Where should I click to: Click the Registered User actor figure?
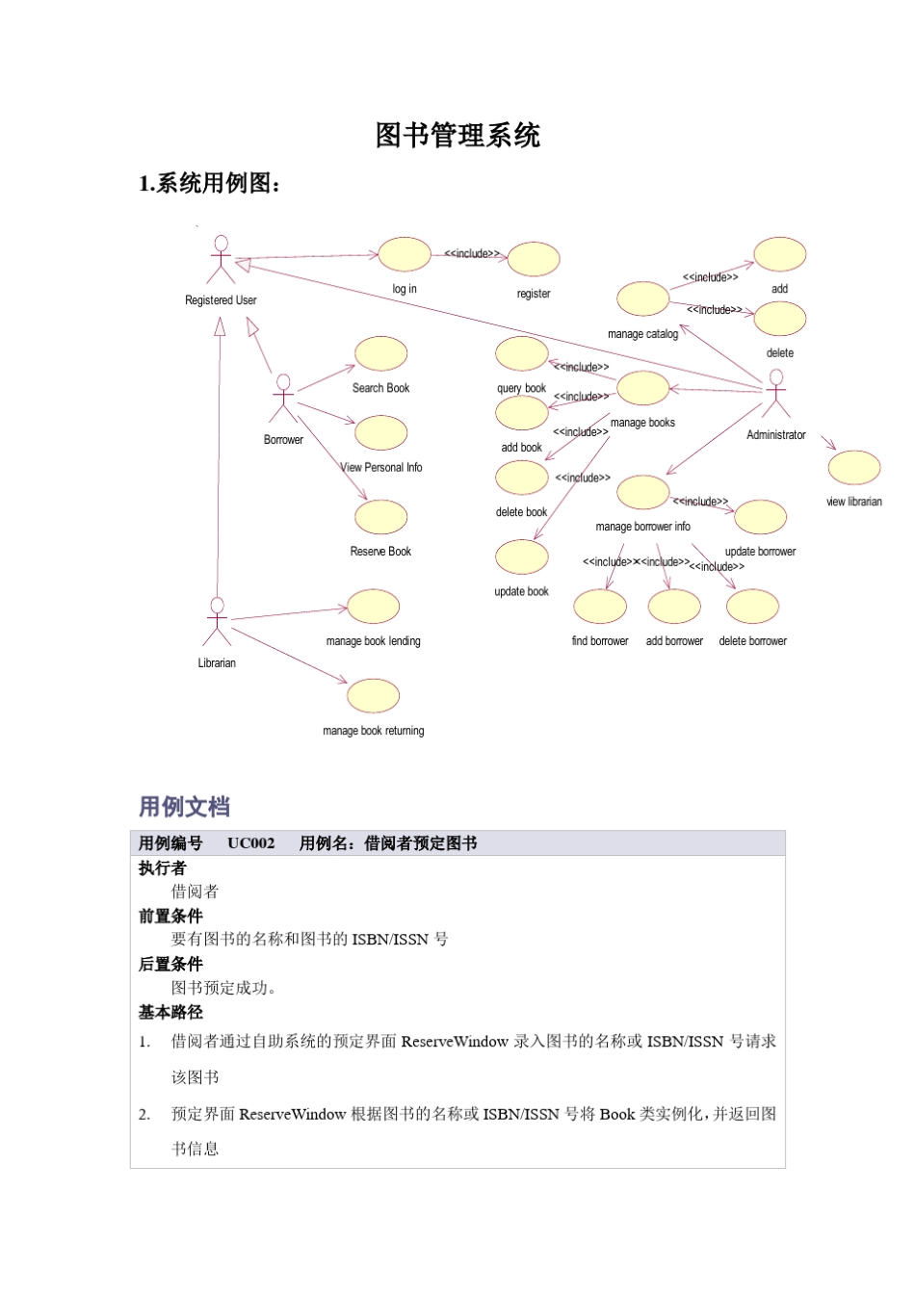[221, 259]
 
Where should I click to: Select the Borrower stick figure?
[283, 399]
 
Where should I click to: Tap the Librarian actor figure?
[217, 622]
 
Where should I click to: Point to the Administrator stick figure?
[775, 394]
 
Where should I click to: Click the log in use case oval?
[405, 255]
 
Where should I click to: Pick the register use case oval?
[534, 260]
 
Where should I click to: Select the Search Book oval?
[380, 354]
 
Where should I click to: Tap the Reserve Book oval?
[380, 518]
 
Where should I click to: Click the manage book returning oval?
[373, 696]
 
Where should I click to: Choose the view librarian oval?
[854, 468]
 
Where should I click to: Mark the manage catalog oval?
[642, 299]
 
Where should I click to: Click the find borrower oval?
[600, 607]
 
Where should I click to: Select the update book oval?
[521, 557]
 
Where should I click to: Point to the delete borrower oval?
[752, 607]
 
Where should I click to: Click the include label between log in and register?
[472, 254]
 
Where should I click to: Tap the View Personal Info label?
[381, 468]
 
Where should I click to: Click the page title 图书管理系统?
[457, 136]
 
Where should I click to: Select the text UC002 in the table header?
[250, 843]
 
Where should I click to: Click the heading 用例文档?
[184, 807]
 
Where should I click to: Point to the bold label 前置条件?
[170, 916]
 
